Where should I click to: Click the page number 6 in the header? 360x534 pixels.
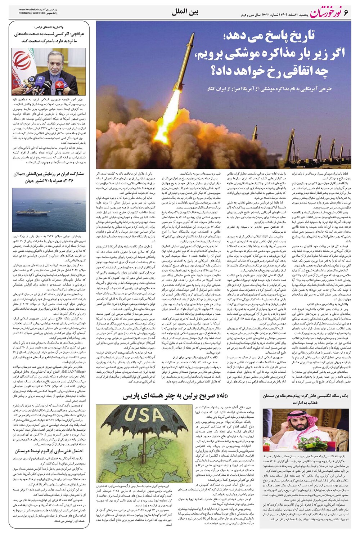click(x=347, y=13)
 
